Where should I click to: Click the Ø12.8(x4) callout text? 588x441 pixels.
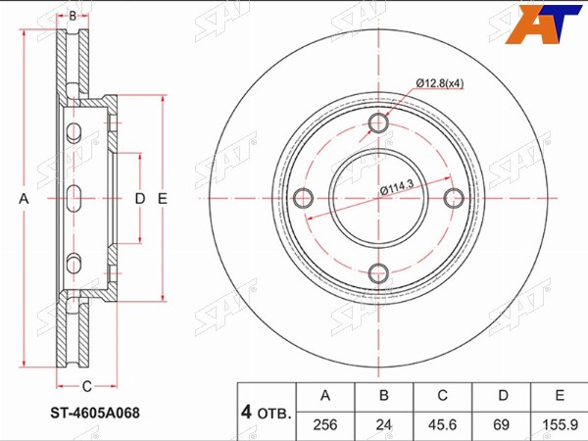tap(439, 83)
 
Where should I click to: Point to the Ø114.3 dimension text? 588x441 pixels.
tap(397, 187)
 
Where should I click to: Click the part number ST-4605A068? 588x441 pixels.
tap(95, 413)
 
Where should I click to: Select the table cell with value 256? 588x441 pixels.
tap(325, 425)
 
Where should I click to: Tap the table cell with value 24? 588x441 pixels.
tap(383, 425)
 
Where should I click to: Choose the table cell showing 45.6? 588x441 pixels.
tap(443, 425)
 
